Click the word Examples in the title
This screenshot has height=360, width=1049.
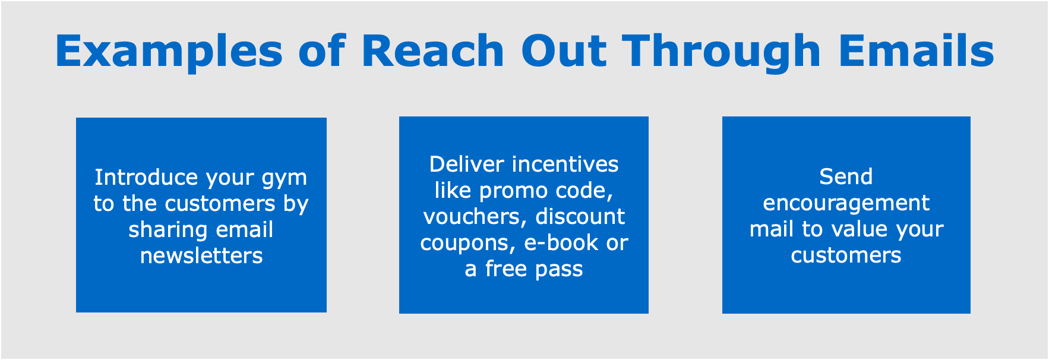(169, 52)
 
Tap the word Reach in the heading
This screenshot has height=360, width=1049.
(432, 50)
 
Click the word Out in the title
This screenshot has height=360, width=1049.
(564, 50)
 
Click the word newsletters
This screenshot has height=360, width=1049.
(201, 255)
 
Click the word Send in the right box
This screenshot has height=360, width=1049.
(846, 176)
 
